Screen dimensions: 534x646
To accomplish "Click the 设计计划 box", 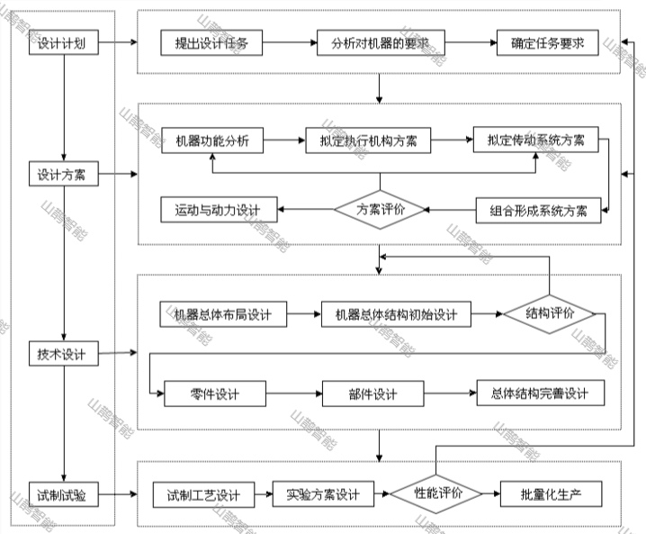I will (62, 42).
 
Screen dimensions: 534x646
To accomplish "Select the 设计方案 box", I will (62, 174).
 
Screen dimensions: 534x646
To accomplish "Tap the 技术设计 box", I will (62, 354).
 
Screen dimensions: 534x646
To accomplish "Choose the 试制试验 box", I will (62, 494).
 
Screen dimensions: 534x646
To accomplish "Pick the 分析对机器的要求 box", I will (380, 43).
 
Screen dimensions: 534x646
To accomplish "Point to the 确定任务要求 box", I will (548, 43).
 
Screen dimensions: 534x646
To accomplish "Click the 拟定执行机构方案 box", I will (368, 140).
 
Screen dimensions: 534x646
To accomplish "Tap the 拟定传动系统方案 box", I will (536, 140).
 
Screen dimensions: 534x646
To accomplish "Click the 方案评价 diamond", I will (381, 210).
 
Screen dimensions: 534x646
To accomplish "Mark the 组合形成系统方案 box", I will (538, 211).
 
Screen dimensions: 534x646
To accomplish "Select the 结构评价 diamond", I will (550, 313).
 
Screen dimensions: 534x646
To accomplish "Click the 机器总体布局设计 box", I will (222, 314).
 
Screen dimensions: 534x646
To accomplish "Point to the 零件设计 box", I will (215, 394).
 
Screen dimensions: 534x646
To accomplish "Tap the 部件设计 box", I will (372, 394).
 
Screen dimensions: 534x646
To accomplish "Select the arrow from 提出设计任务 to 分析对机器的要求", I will (290, 43).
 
